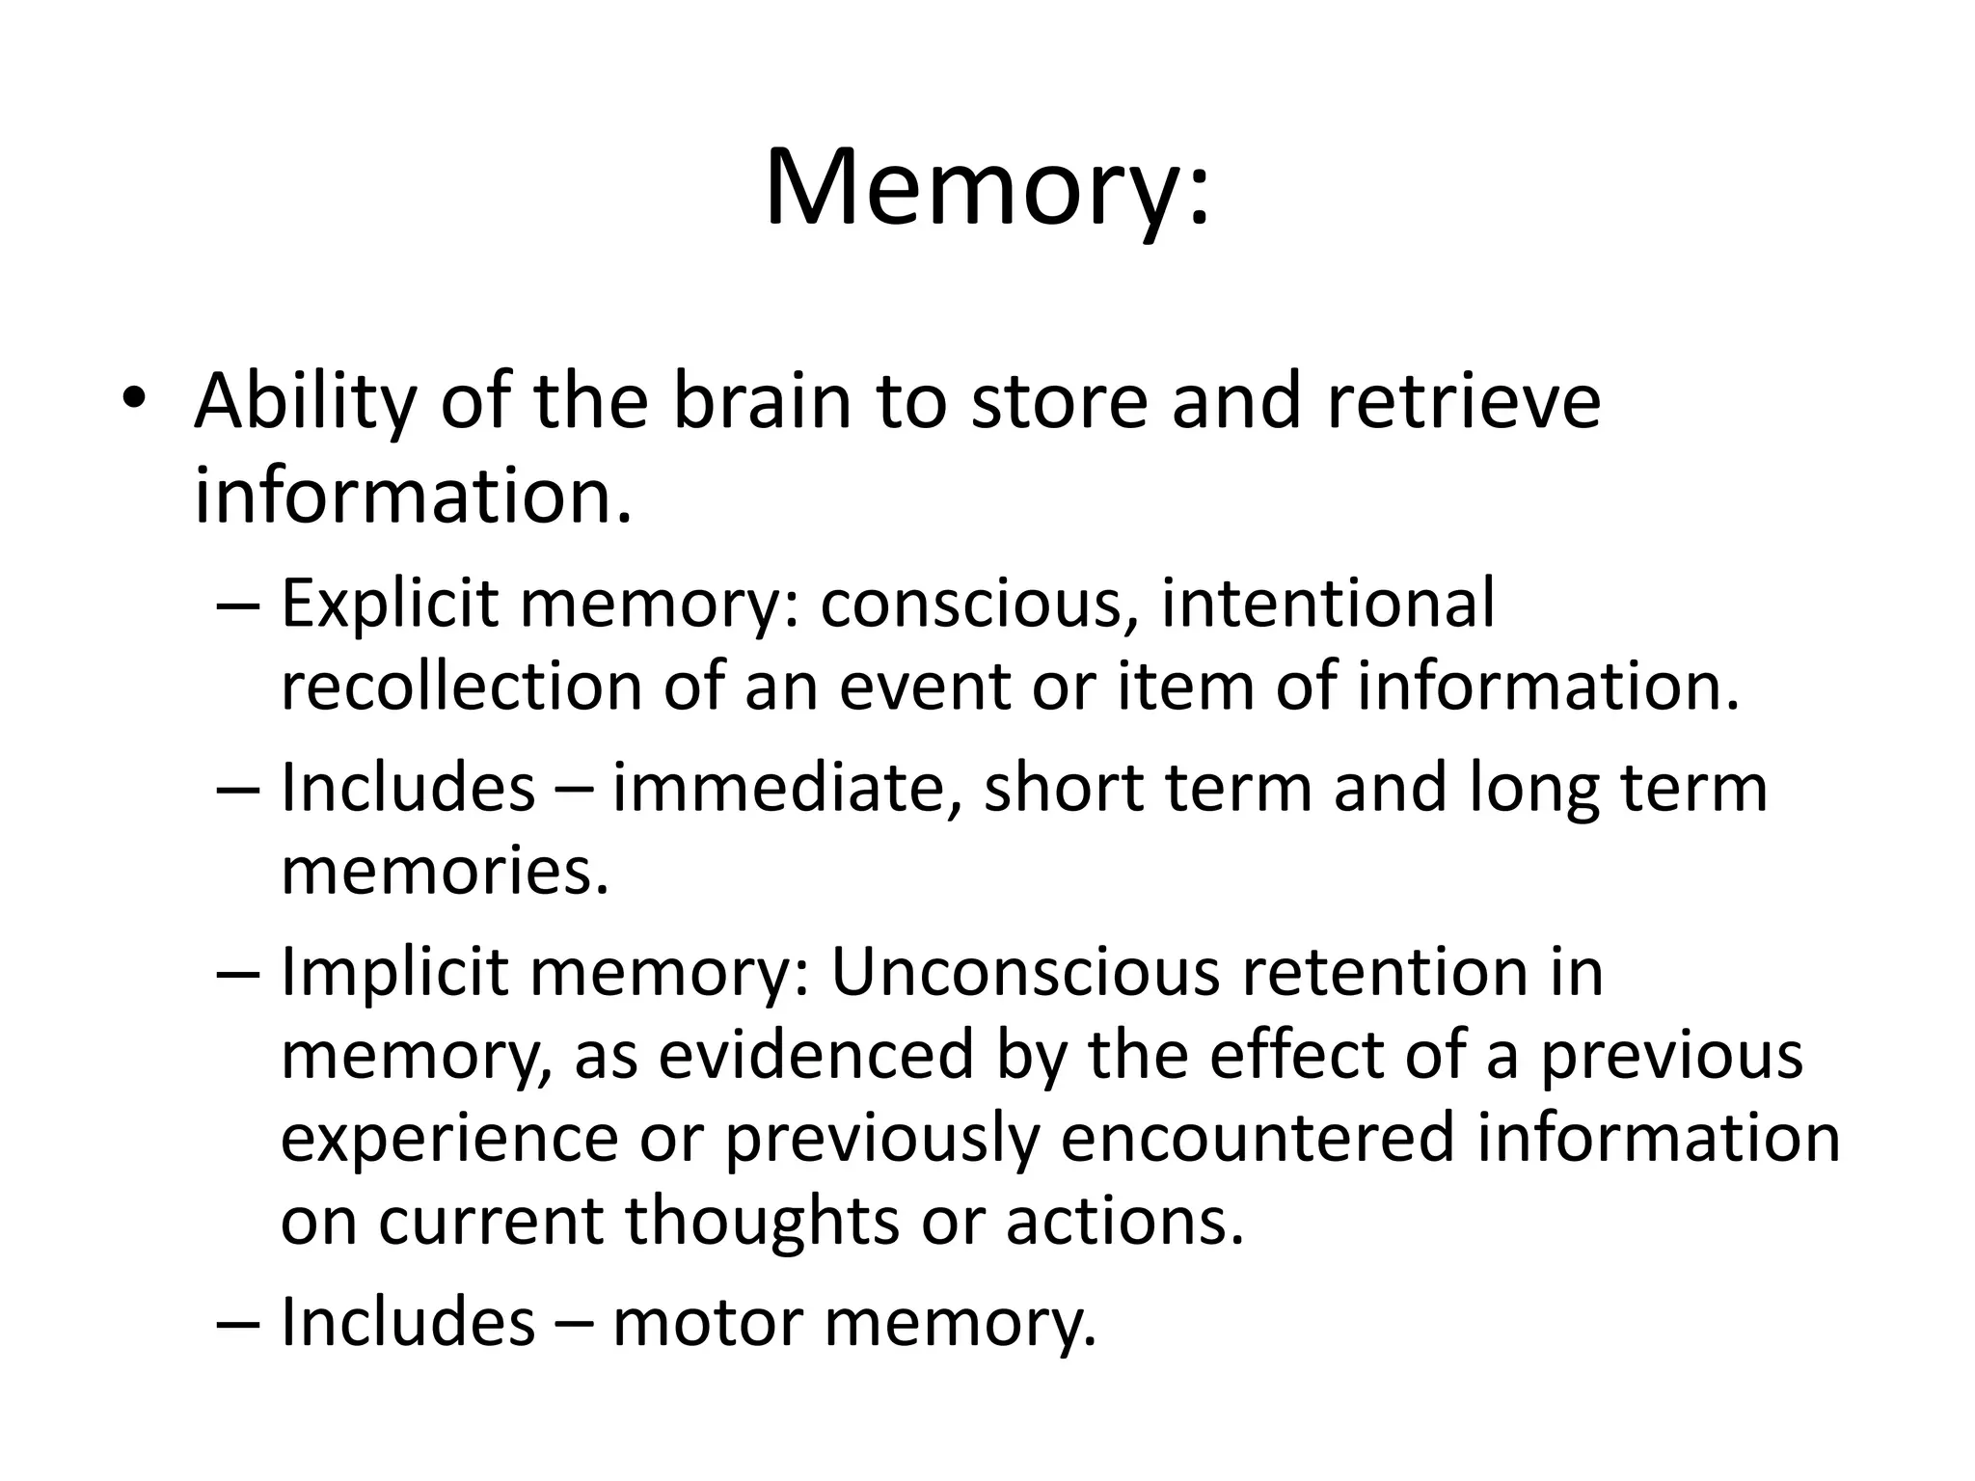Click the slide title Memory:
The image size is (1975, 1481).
click(987, 188)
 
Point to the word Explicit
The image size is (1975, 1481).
click(390, 606)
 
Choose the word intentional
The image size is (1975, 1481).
click(1328, 604)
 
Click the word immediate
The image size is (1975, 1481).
click(778, 789)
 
